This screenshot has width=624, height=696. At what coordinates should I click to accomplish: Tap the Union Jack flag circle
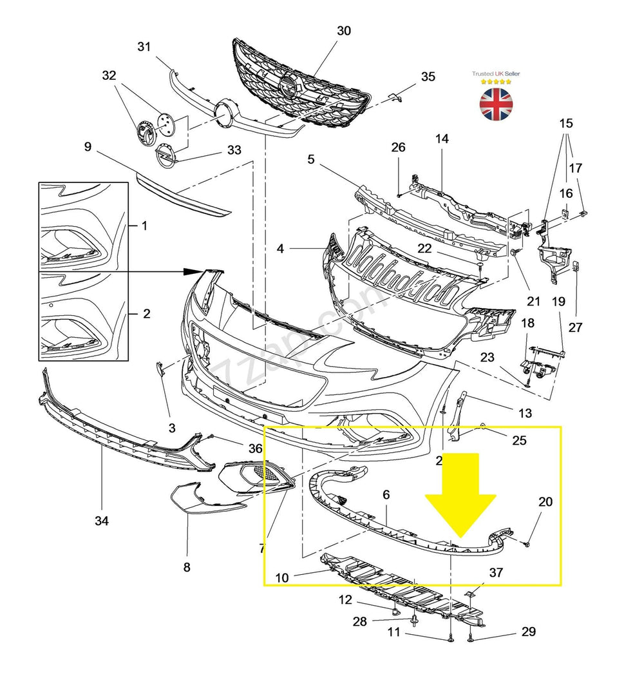(x=496, y=104)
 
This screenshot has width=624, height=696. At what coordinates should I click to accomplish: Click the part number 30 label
(x=344, y=31)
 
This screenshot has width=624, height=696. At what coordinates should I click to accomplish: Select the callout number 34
(x=102, y=521)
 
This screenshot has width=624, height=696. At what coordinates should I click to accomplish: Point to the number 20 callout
(x=545, y=501)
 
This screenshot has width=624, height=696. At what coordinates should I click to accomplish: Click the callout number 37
(x=496, y=572)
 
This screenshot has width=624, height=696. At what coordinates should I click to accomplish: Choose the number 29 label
(x=528, y=632)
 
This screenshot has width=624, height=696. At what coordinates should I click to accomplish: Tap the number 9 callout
(x=88, y=147)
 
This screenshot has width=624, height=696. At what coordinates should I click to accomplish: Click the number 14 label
(x=442, y=139)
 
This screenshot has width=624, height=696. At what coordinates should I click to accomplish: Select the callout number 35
(x=428, y=77)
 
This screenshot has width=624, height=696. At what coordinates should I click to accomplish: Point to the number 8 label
(x=187, y=567)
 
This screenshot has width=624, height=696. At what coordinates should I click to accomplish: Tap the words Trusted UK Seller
(x=496, y=73)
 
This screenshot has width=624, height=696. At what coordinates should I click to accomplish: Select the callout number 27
(x=575, y=327)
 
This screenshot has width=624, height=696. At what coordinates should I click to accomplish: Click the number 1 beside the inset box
(x=144, y=226)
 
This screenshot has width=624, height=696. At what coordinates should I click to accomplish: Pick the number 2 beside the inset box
(x=146, y=314)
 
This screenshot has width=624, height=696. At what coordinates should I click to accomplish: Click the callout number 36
(x=255, y=449)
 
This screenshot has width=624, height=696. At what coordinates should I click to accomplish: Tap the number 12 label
(x=345, y=600)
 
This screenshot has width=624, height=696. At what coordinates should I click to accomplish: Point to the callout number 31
(x=144, y=46)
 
